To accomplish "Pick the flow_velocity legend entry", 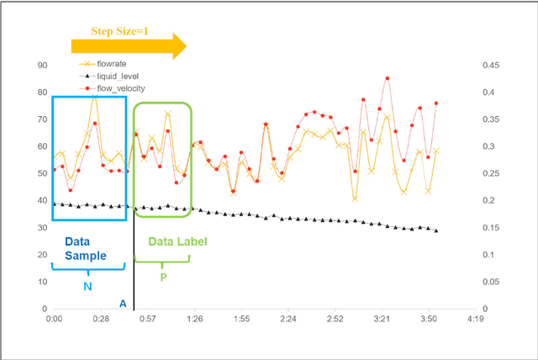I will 119,87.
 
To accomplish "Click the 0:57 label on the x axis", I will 147,319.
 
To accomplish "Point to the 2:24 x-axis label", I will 288,319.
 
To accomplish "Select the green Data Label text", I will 177,241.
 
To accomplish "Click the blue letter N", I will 87,286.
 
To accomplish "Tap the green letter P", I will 162,277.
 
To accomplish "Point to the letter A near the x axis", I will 123,304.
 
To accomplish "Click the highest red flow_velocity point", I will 388,78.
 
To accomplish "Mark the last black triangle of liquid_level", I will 436,230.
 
